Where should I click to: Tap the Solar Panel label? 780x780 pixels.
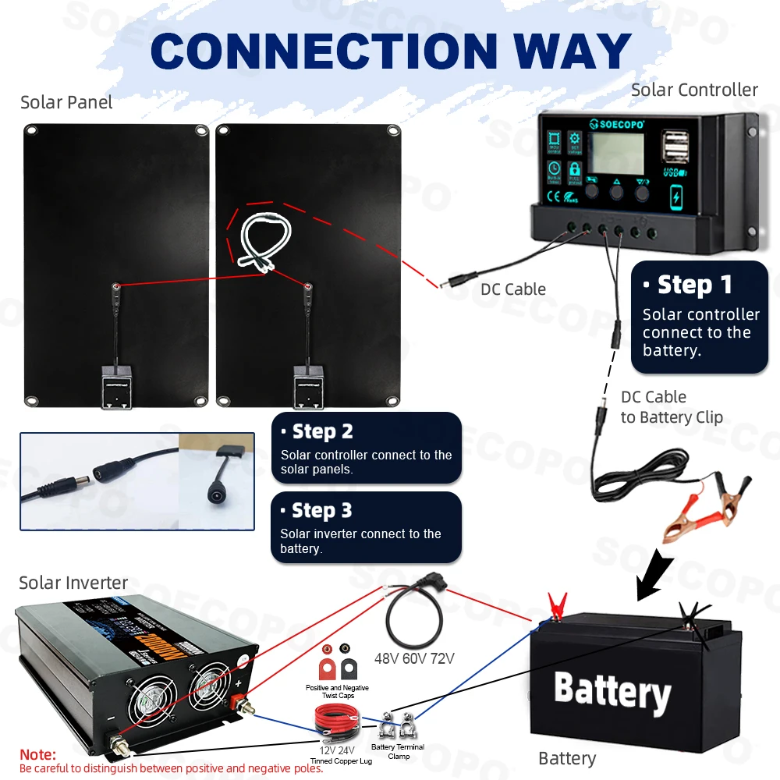click(66, 102)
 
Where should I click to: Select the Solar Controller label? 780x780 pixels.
click(694, 90)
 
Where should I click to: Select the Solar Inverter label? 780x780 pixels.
click(73, 583)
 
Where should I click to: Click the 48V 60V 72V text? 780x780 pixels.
click(414, 659)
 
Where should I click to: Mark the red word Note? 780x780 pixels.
click(37, 754)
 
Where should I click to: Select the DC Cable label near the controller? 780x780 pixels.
click(513, 289)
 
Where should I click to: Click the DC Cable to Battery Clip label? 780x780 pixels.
click(671, 407)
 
